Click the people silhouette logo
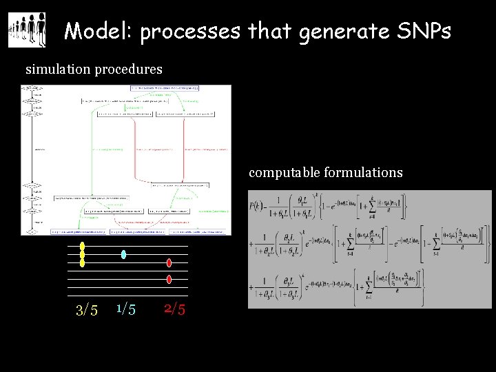pyautogui.click(x=27, y=30)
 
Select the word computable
pyautogui.click(x=284, y=172)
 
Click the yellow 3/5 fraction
pyautogui.click(x=86, y=310)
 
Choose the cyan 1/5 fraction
pyautogui.click(x=125, y=309)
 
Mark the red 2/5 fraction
pyautogui.click(x=174, y=309)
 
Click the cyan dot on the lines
pyautogui.click(x=123, y=254)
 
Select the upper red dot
pyautogui.click(x=169, y=262)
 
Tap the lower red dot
pyautogui.click(x=169, y=279)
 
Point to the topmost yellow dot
pyautogui.click(x=83, y=246)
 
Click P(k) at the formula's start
pyautogui.click(x=258, y=205)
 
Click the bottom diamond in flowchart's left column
pyautogui.click(x=31, y=232)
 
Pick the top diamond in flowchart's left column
pyautogui.click(x=31, y=88)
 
